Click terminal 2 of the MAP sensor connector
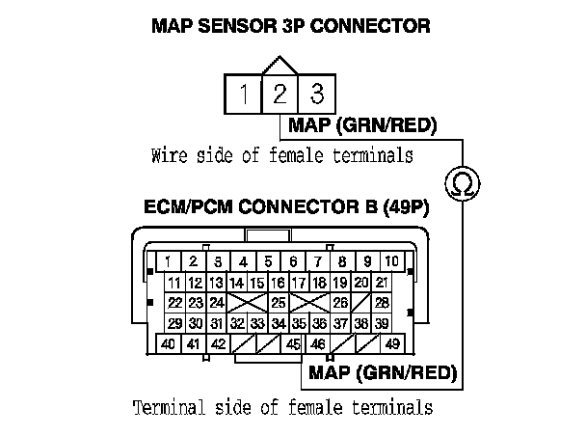[x=280, y=95]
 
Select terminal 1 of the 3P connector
[x=246, y=95]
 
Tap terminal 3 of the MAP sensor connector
[x=315, y=95]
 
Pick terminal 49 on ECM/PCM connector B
[x=392, y=344]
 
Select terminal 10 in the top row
[x=392, y=261]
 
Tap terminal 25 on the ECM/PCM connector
[x=279, y=303]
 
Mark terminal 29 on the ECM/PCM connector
[x=174, y=324]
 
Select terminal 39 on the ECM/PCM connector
[x=382, y=324]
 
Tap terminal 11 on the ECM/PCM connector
[x=174, y=283]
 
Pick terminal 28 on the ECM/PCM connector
[x=382, y=303]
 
